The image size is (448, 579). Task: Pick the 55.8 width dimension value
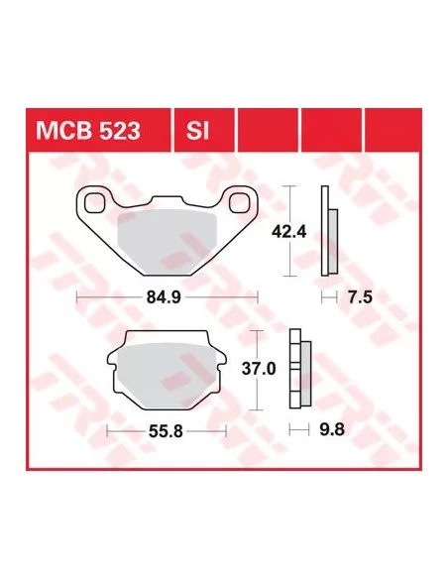[166, 431]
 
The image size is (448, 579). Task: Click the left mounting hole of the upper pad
[97, 203]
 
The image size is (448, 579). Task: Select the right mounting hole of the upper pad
[239, 203]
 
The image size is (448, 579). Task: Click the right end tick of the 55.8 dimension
[227, 431]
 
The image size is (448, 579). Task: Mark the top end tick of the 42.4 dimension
[289, 187]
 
